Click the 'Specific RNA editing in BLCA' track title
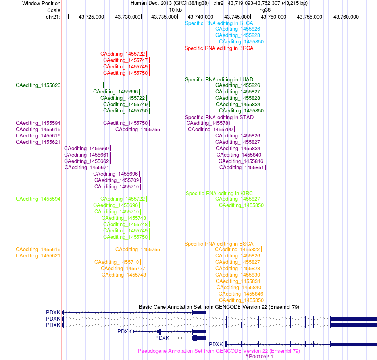click(219, 23)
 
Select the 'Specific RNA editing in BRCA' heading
click(219, 48)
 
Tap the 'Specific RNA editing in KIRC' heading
click(219, 194)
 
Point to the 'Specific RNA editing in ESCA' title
click(219, 244)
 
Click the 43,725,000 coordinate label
click(91, 17)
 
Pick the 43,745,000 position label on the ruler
click(237, 17)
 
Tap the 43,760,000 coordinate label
click(346, 17)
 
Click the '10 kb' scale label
click(175, 10)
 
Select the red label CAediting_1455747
click(125, 60)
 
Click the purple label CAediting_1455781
click(209, 123)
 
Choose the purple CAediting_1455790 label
click(210, 130)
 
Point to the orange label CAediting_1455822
click(237, 250)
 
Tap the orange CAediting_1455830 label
click(238, 275)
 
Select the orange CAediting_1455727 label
click(123, 269)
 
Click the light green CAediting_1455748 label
click(125, 225)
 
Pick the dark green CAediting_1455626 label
click(38, 85)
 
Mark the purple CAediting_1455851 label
click(241, 168)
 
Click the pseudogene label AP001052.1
click(259, 357)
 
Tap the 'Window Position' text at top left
click(41, 3)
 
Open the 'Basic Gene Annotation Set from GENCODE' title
click(219, 307)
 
